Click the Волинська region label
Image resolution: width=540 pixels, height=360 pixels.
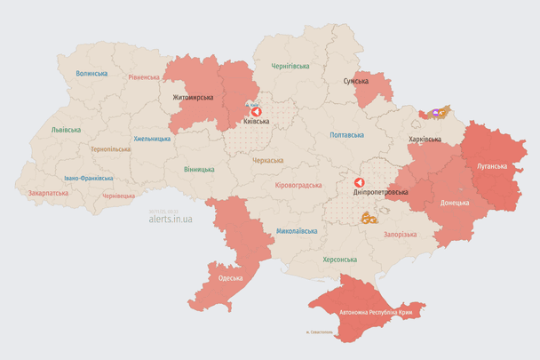point(91,74)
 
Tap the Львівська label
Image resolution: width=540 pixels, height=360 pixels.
point(66,130)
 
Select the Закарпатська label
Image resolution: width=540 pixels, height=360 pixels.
point(47,192)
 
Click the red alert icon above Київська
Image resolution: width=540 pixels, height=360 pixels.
point(257,112)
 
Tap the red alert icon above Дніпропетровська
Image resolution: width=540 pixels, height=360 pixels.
point(360,182)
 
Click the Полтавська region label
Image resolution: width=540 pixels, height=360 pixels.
point(346,135)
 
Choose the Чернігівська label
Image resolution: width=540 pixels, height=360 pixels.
point(290,66)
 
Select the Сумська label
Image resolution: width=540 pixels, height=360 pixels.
point(356,82)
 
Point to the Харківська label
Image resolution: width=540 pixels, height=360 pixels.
point(425,140)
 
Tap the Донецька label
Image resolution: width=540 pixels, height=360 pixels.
point(456,203)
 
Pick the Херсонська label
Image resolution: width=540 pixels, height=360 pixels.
point(340,260)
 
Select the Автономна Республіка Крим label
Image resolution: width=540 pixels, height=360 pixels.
point(377,312)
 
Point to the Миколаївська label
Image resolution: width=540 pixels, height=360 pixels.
point(297,230)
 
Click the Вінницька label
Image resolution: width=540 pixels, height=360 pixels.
point(200,169)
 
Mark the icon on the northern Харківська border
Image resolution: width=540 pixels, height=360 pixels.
point(436,113)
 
